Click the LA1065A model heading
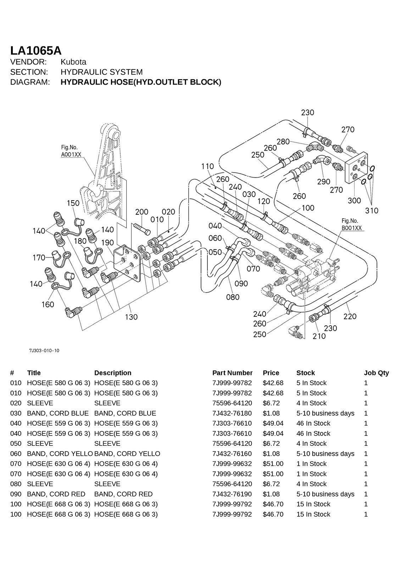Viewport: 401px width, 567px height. tap(36, 50)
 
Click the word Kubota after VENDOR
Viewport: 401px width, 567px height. tap(73, 62)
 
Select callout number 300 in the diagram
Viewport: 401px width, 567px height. tap(354, 201)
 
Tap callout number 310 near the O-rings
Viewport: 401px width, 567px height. tap(372, 210)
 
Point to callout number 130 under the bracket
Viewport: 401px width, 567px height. tap(131, 317)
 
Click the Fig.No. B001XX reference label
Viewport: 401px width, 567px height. tap(351, 224)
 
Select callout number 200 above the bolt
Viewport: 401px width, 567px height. tap(142, 212)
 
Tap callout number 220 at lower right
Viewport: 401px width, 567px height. tap(350, 316)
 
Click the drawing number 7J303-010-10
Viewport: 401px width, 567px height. tap(44, 350)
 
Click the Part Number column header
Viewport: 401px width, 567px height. tap(232, 373)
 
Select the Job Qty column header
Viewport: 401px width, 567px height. tap(376, 373)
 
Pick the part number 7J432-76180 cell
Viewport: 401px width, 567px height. tap(232, 413)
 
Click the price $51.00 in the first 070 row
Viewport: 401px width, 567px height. tap(273, 464)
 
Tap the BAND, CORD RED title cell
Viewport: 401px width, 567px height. tap(56, 494)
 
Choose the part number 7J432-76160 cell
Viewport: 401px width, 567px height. tap(232, 454)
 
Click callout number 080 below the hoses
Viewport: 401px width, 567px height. tap(233, 297)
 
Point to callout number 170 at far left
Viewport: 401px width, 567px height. tap(39, 258)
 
